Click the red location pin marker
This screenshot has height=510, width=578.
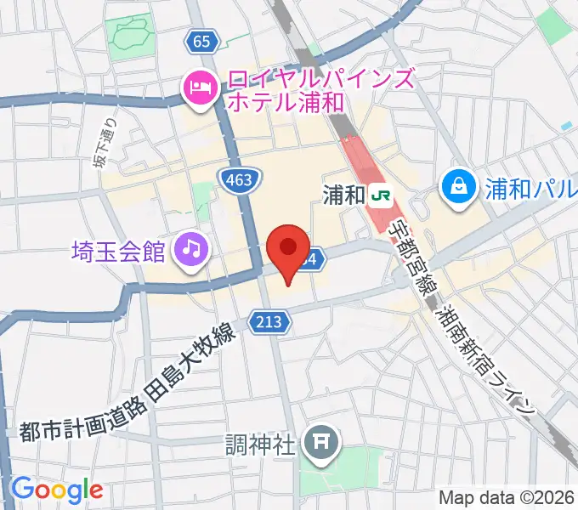tap(288, 249)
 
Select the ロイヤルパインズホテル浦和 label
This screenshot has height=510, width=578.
tap(319, 92)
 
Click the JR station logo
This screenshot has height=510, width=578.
tap(380, 195)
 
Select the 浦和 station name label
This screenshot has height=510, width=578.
tap(343, 195)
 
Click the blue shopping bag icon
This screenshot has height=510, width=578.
tap(460, 186)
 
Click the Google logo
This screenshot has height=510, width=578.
tap(56, 490)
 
